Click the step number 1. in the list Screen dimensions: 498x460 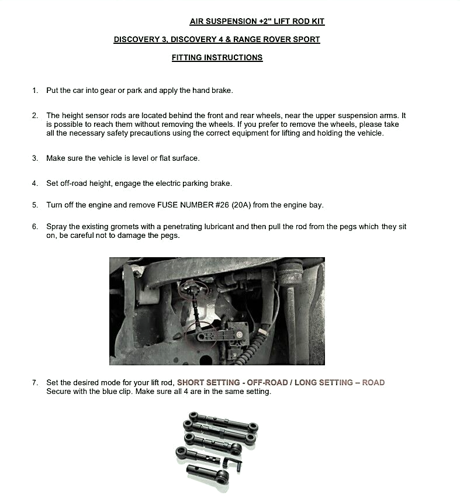tap(35, 91)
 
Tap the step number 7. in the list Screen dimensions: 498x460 tap(35, 383)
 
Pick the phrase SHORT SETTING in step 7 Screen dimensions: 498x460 tap(209, 383)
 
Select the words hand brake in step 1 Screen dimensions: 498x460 tap(215, 91)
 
